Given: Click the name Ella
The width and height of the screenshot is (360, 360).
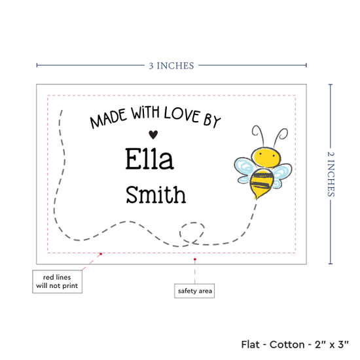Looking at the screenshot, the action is tap(149, 159).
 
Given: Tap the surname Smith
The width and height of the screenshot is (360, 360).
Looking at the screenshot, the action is tap(156, 194).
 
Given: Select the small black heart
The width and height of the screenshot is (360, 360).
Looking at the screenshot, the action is tap(153, 135).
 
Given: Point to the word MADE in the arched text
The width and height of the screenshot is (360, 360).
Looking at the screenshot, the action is tap(109, 118).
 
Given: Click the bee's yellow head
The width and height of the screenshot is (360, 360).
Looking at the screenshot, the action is tap(266, 158).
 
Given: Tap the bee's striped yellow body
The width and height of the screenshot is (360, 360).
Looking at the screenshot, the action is tap(261, 183).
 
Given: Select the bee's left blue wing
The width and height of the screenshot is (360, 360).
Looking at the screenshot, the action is tap(245, 170).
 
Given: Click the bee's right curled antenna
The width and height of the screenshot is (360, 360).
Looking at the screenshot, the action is tap(281, 135).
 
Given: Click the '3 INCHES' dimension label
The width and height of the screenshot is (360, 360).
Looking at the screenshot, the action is tap(171, 65).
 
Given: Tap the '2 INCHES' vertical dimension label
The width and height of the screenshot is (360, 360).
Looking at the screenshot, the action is tap(331, 174).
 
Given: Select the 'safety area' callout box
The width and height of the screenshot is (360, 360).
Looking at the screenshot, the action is tap(194, 291).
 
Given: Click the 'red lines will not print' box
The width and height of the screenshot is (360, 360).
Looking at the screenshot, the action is tap(57, 281).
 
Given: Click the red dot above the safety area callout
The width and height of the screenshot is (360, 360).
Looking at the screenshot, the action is tap(194, 259).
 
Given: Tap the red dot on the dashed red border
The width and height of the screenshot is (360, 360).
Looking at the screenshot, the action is tap(101, 254).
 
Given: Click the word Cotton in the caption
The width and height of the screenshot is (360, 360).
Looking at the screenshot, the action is tap(287, 344).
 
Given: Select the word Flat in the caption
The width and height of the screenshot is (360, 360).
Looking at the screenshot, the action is tap(251, 344).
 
